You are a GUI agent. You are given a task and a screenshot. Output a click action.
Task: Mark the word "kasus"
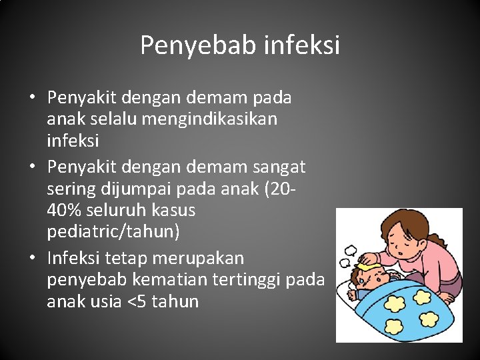tap(173, 211)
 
